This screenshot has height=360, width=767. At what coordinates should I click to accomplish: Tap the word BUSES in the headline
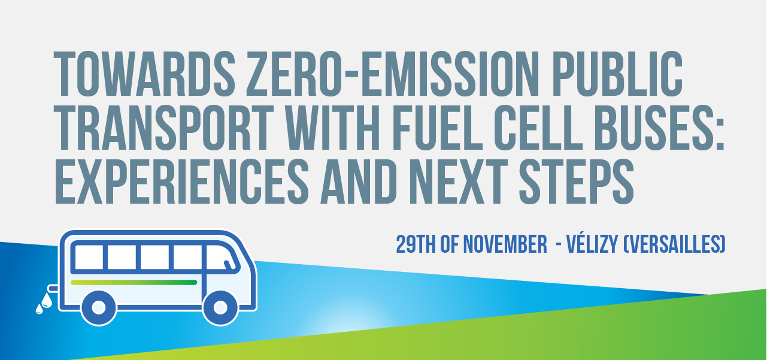pyautogui.click(x=659, y=127)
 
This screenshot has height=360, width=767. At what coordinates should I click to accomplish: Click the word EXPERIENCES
pyautogui.click(x=180, y=180)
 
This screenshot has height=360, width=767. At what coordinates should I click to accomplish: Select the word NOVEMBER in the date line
pyautogui.click(x=502, y=244)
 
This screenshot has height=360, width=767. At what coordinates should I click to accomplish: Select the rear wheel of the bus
pyautogui.click(x=99, y=307)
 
